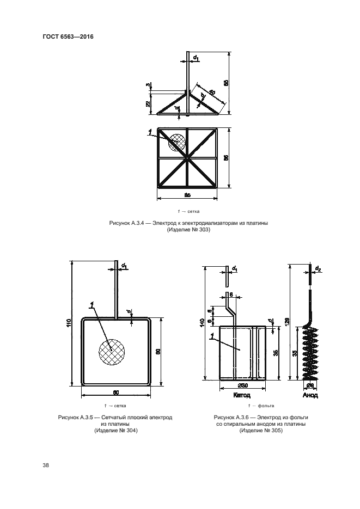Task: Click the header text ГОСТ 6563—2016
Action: [68, 37]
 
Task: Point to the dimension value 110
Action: [67, 323]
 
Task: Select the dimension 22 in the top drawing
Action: [149, 104]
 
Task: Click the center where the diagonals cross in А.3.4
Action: [187, 158]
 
